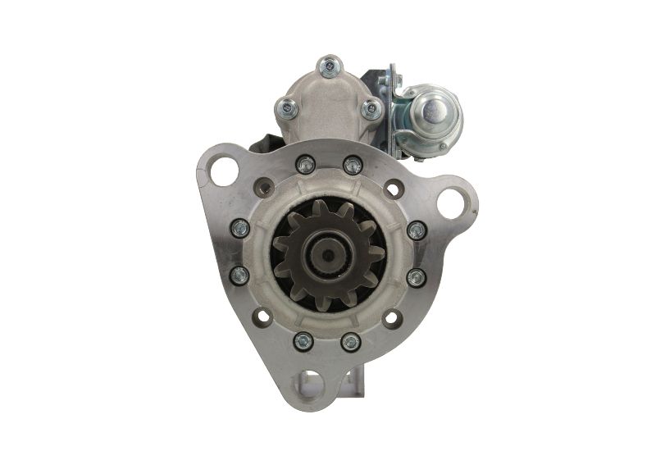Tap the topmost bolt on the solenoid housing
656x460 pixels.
click(x=330, y=65)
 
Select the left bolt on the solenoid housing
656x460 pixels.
click(x=287, y=106)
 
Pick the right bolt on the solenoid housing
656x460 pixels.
click(x=371, y=107)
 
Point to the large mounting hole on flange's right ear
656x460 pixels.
click(x=452, y=201)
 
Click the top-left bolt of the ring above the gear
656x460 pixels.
click(x=305, y=165)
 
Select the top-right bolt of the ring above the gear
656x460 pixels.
click(x=353, y=165)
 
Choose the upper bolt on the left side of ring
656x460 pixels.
click(x=240, y=228)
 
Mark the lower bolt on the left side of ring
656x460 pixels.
click(x=240, y=276)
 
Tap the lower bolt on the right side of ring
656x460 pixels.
click(x=417, y=277)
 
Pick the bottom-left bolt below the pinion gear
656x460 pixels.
click(x=304, y=340)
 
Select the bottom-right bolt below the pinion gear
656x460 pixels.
click(x=351, y=340)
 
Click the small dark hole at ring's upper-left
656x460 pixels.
click(x=264, y=188)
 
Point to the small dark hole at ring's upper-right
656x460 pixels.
click(x=394, y=189)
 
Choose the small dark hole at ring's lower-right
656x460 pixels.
click(x=393, y=317)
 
